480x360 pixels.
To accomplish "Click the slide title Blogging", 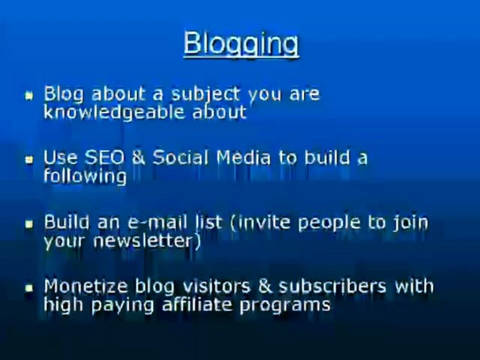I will pos(241,43).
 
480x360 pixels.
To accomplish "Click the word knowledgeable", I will pos(115,112).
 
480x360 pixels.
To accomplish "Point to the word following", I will pos(84,176).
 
